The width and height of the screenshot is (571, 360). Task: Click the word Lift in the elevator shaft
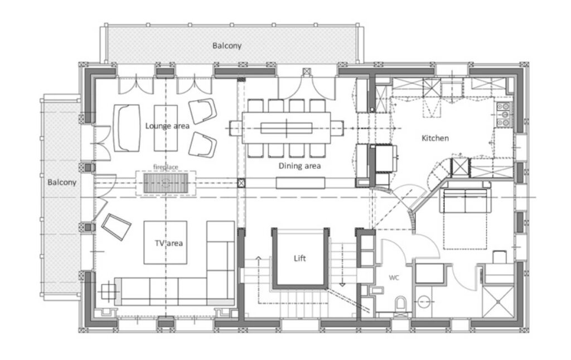(299, 258)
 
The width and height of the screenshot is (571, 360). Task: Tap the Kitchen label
(435, 138)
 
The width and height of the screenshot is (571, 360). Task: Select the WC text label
(394, 278)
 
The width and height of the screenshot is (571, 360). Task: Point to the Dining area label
(299, 166)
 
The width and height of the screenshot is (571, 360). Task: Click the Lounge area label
(167, 126)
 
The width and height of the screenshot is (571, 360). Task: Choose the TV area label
(168, 243)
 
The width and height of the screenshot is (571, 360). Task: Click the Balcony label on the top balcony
(227, 46)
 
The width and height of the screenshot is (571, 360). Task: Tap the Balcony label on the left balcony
(62, 182)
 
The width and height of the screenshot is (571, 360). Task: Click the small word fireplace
(166, 167)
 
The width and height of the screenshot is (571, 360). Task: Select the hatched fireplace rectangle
(166, 183)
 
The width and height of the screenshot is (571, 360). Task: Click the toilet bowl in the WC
(401, 303)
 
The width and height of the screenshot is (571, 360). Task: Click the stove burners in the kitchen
(504, 115)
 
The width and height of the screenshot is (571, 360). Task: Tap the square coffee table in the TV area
(165, 242)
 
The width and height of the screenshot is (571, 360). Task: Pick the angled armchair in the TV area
(116, 227)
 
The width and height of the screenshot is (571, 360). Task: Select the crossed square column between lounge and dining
(241, 183)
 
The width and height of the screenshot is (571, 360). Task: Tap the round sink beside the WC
(423, 301)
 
